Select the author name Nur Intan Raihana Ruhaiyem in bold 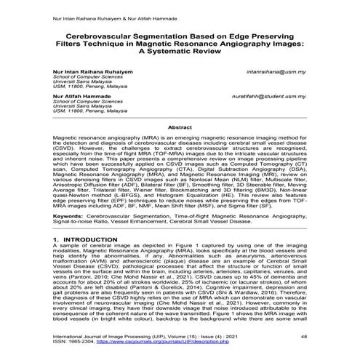(x=92, y=73)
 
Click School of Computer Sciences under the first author (x=82, y=79)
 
